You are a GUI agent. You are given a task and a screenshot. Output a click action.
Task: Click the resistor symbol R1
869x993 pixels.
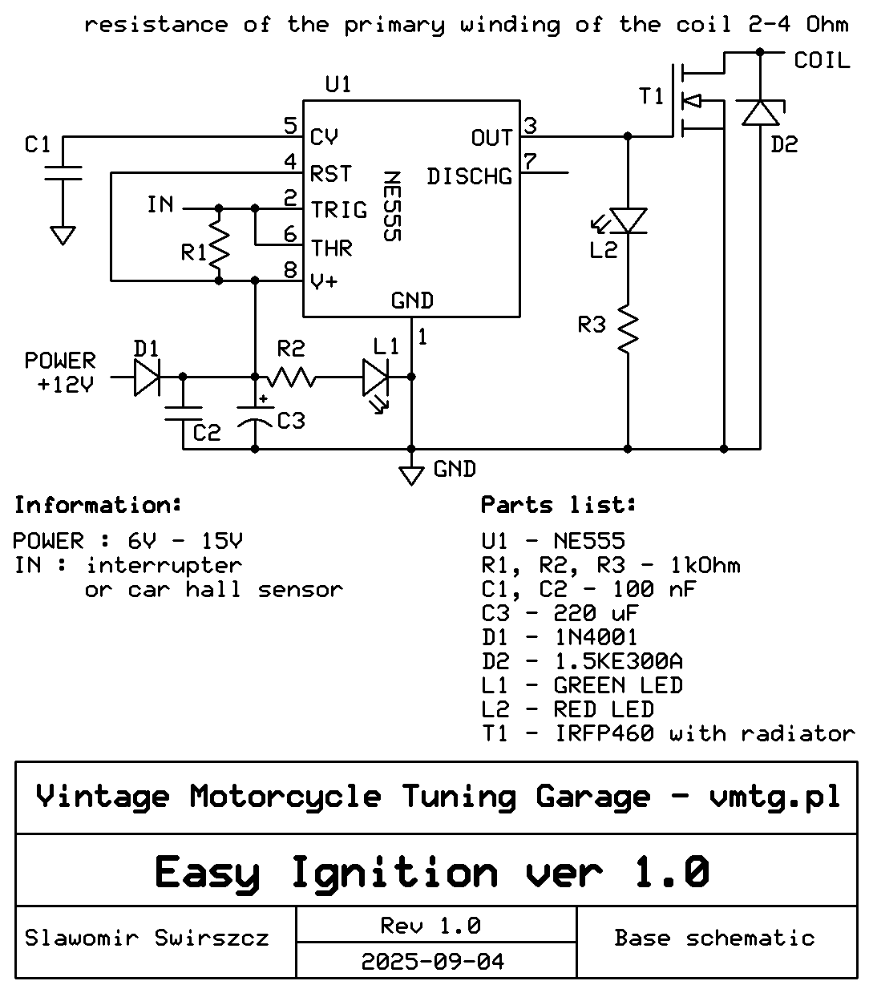[x=218, y=245]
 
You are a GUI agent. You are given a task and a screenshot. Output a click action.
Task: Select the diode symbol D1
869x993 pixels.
[x=146, y=377]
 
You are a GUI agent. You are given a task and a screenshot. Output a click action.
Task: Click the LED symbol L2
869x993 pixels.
[x=628, y=220]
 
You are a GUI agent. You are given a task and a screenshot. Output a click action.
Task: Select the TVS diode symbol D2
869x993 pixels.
[x=759, y=112]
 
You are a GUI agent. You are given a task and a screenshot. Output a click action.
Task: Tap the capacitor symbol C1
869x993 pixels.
[x=63, y=173]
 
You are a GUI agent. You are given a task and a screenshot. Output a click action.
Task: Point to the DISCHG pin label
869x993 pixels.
[x=469, y=176]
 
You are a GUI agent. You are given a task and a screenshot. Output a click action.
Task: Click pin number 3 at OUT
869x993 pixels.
[x=530, y=126]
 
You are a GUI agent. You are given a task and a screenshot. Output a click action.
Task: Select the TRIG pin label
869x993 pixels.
[x=339, y=210]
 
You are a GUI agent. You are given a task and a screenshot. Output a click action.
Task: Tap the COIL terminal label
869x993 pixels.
[x=821, y=61]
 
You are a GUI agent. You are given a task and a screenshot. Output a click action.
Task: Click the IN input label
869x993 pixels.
[x=160, y=204]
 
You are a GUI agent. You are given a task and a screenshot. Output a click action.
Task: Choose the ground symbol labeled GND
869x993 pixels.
[x=411, y=474]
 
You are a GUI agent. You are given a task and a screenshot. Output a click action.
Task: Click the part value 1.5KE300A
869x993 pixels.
[x=618, y=661]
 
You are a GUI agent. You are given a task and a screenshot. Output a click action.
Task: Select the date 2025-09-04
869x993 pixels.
[x=432, y=961]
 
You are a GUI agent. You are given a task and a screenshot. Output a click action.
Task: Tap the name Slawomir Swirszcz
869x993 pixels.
[x=147, y=938]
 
